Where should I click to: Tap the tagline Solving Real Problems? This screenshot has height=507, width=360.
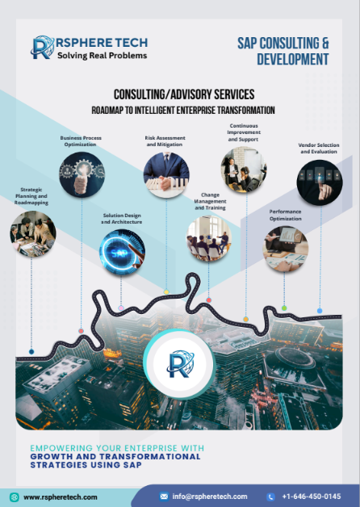[103, 55]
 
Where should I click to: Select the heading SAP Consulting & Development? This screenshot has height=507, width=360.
[283, 51]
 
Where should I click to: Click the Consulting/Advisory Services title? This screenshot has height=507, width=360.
[184, 94]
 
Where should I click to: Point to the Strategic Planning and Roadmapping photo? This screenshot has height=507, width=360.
[32, 234]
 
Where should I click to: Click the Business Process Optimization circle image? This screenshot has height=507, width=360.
[82, 174]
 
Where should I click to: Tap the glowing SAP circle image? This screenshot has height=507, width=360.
[122, 252]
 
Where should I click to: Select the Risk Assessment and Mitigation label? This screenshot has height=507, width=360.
[165, 141]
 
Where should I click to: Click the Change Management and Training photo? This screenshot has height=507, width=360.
[209, 238]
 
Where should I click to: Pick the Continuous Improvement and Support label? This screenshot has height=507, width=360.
[244, 132]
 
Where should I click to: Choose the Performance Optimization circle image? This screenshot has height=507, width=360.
[286, 249]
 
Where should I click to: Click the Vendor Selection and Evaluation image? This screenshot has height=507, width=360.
[320, 182]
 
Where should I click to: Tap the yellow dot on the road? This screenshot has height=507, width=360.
[166, 292]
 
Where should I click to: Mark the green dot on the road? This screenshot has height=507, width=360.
[284, 308]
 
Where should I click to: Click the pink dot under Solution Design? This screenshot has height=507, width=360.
[121, 308]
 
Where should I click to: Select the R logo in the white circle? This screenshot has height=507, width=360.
[180, 364]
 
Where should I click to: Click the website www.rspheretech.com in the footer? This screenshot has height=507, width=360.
[60, 497]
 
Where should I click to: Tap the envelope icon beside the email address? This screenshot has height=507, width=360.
[164, 497]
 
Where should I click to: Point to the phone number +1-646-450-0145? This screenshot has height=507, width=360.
[312, 497]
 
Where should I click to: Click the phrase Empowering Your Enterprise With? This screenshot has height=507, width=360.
[117, 448]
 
